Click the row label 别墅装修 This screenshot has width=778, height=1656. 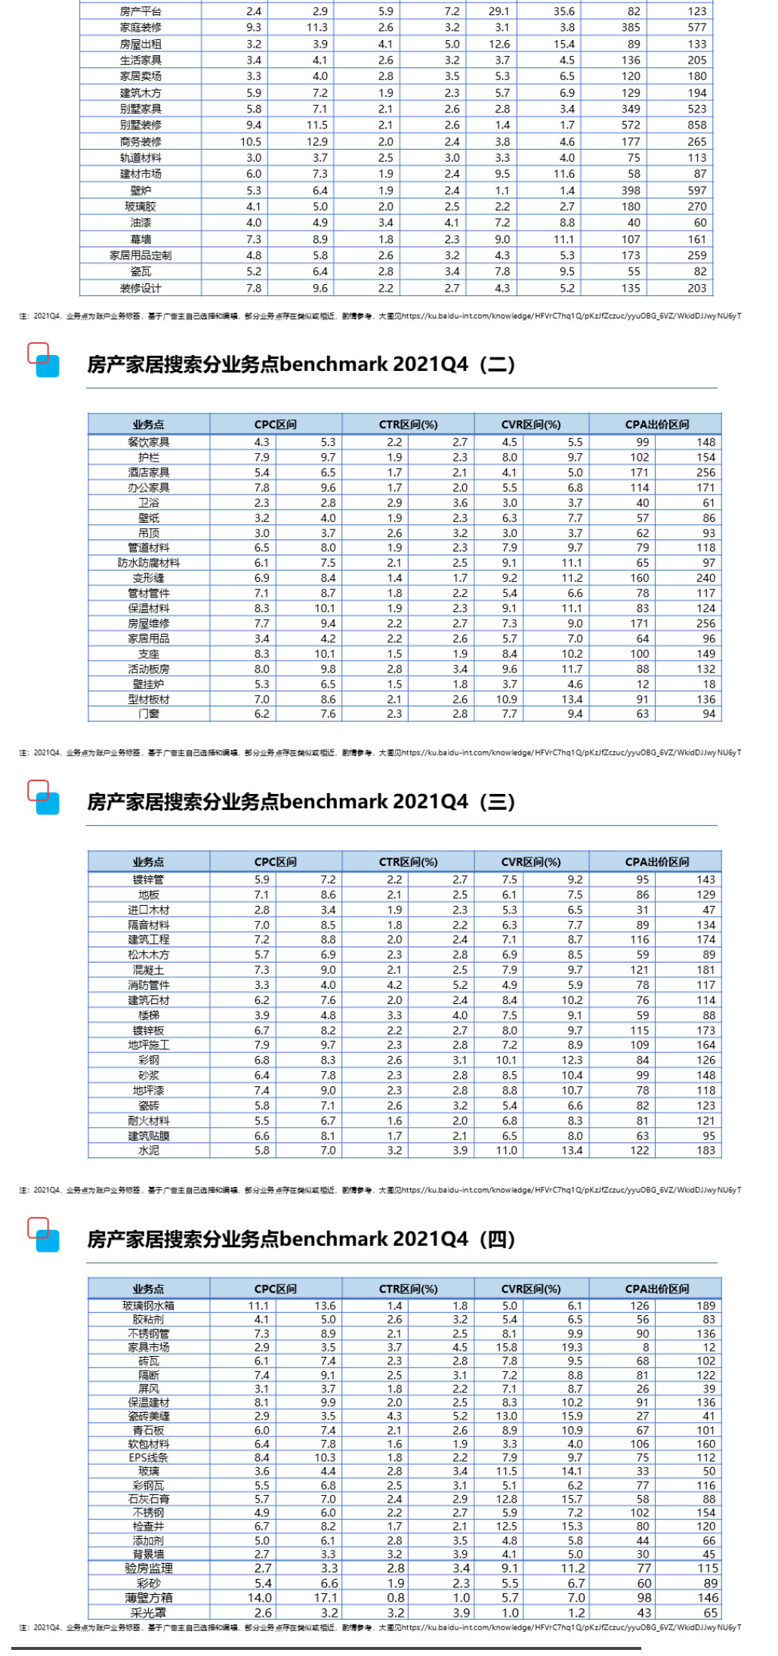click(x=140, y=125)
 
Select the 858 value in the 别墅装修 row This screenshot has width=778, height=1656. click(x=696, y=125)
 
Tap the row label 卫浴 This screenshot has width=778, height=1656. click(x=149, y=503)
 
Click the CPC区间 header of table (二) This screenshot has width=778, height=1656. click(x=276, y=425)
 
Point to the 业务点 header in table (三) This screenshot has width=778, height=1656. click(x=148, y=862)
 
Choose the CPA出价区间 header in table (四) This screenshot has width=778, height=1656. click(x=656, y=1289)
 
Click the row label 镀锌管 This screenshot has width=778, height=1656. click(x=149, y=879)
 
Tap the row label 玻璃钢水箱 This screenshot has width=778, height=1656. click(x=149, y=1305)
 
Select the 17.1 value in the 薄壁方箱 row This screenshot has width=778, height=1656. click(x=326, y=1598)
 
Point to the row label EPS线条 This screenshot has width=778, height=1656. click(x=149, y=1457)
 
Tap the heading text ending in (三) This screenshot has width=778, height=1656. click(x=301, y=802)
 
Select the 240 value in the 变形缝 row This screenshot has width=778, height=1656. click(x=705, y=578)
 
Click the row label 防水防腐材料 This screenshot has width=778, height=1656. click(x=149, y=563)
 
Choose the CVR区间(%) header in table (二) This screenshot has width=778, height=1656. click(x=531, y=425)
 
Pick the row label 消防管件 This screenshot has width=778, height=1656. click(x=149, y=985)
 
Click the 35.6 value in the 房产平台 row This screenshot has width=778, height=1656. click(x=563, y=11)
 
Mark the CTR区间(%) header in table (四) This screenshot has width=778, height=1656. click(x=408, y=1289)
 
